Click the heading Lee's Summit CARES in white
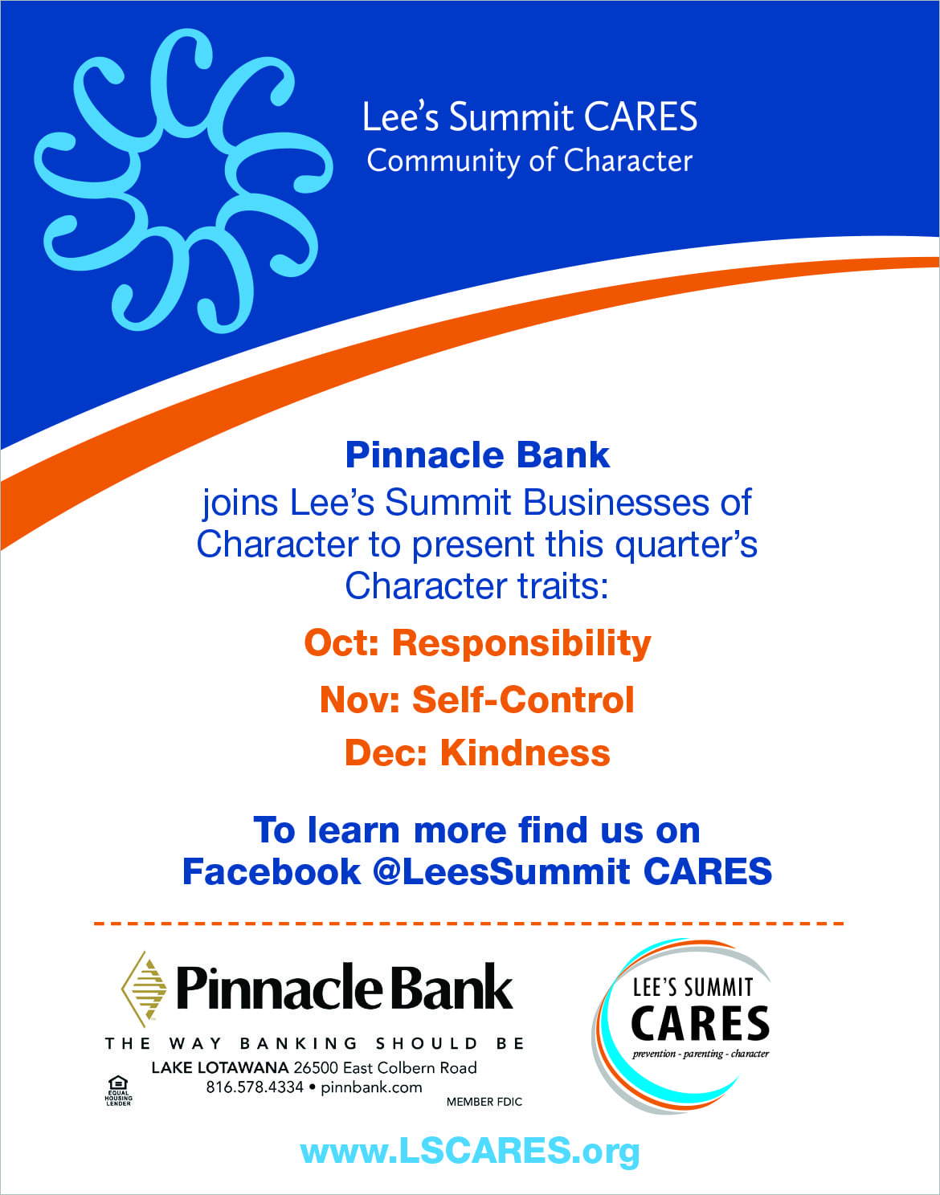pyautogui.click(x=529, y=117)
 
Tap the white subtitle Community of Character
pyautogui.click(x=529, y=161)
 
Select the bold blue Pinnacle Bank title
pyautogui.click(x=477, y=455)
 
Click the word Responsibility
pyautogui.click(x=521, y=643)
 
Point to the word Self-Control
pyautogui.click(x=523, y=699)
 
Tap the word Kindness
pyautogui.click(x=525, y=753)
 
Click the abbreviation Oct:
pyautogui.click(x=341, y=642)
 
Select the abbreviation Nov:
pyautogui.click(x=360, y=699)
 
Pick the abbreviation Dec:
pyautogui.click(x=386, y=753)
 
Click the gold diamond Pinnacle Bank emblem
pyautogui.click(x=144, y=989)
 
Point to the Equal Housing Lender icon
pyautogui.click(x=118, y=1091)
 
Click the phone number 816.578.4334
pyautogui.click(x=255, y=1087)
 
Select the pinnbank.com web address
pyautogui.click(x=371, y=1087)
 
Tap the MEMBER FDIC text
pyautogui.click(x=484, y=1102)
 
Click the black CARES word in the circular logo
pyautogui.click(x=700, y=1023)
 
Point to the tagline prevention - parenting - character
pyautogui.click(x=701, y=1054)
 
